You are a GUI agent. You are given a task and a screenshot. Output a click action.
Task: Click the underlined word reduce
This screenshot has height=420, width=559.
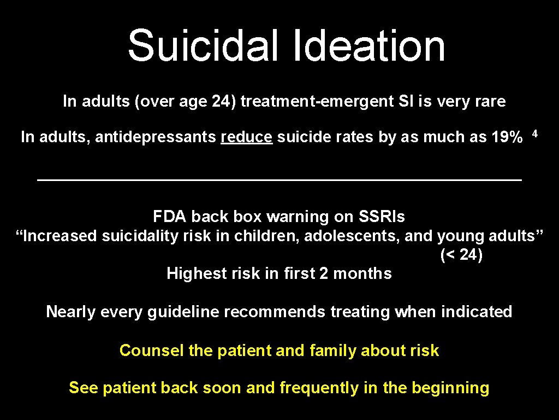click(246, 137)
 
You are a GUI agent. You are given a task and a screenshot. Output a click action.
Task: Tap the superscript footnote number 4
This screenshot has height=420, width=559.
click(536, 133)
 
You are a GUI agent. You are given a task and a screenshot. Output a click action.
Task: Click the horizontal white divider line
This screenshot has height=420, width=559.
click(279, 179)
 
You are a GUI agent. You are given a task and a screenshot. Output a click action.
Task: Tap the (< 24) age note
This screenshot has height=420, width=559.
click(461, 255)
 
